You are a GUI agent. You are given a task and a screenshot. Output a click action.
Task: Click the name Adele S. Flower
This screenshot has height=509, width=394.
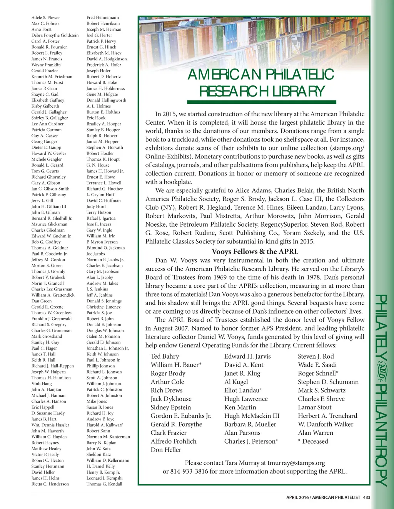click(x=45, y=18)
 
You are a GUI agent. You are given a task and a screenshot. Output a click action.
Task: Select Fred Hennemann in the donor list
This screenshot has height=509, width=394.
click(x=102, y=18)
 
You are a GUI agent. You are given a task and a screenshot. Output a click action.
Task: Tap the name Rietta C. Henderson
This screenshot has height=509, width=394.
click(x=50, y=484)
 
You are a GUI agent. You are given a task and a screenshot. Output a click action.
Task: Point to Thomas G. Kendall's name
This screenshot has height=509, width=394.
click(x=104, y=484)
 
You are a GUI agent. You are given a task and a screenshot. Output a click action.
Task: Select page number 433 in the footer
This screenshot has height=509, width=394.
click(x=367, y=497)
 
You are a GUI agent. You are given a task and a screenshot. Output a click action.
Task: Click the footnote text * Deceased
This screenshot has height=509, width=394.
click(x=313, y=441)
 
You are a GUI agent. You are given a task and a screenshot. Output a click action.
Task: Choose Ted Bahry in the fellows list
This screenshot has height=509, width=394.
click(x=165, y=356)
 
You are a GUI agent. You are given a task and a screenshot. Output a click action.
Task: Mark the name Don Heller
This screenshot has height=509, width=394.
click(x=166, y=450)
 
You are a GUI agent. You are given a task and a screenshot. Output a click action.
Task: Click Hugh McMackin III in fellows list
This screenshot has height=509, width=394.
click(x=252, y=416)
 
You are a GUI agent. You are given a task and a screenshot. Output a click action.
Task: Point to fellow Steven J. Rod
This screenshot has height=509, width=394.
click(x=316, y=356)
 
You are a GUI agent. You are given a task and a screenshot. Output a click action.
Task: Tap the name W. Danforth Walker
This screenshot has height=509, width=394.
click(x=326, y=424)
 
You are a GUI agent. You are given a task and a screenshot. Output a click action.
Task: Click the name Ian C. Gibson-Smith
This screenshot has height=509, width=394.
click(x=50, y=189)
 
